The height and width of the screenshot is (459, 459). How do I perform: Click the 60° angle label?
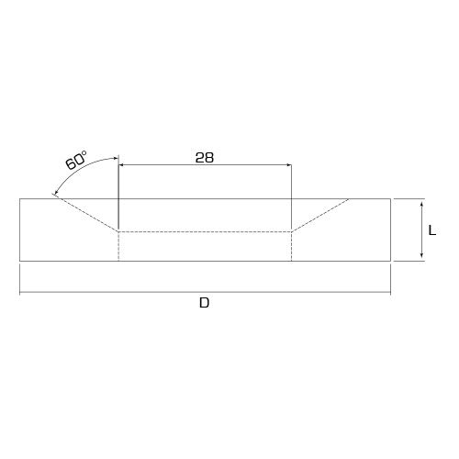[x=76, y=160]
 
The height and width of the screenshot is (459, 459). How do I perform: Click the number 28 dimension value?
[x=205, y=158]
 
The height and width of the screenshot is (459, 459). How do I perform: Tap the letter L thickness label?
[x=432, y=230]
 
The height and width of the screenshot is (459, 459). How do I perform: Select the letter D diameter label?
[x=204, y=303]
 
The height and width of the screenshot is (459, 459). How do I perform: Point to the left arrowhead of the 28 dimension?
[x=121, y=165]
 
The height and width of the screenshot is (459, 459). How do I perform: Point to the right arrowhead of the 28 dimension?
[x=289, y=165]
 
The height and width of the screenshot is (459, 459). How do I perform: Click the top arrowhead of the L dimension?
[x=421, y=205]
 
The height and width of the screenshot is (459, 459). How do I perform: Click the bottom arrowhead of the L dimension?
[x=421, y=255]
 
